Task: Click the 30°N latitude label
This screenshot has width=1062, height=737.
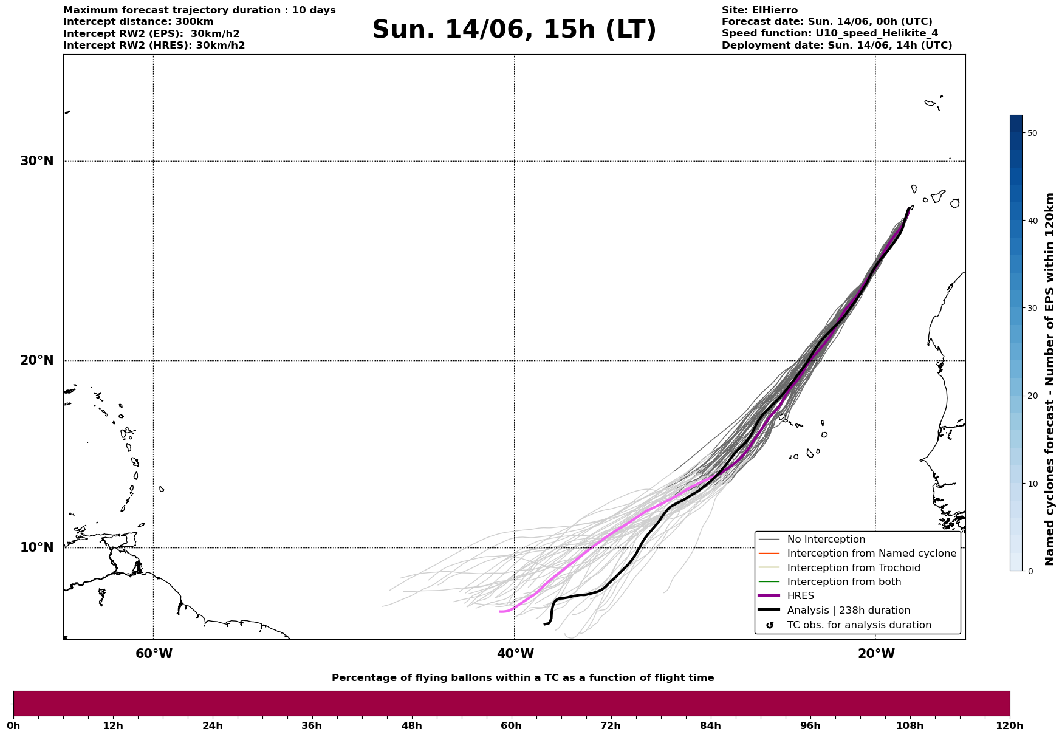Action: coord(36,161)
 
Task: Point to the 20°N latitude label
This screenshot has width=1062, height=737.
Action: coord(36,360)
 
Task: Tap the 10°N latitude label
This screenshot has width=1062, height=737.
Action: coord(36,547)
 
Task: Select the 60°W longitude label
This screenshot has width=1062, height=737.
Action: coord(154,654)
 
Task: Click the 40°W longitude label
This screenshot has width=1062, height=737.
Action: coord(515,654)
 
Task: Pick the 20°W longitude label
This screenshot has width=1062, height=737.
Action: coord(876,654)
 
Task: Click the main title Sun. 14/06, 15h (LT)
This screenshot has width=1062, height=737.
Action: coord(514,30)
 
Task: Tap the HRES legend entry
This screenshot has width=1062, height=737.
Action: coord(800,596)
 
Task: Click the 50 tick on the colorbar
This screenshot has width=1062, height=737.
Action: coord(1032,133)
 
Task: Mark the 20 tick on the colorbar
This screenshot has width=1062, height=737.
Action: coord(1032,396)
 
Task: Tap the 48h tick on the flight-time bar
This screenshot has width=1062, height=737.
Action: coord(412,726)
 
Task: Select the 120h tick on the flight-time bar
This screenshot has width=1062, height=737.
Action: coord(1009,726)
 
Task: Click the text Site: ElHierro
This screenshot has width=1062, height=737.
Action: coord(759,10)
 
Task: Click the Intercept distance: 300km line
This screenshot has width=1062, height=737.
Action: coord(139,22)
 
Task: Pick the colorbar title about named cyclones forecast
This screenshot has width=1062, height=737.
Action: coord(1050,379)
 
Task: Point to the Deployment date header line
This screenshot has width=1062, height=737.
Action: coord(837,46)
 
